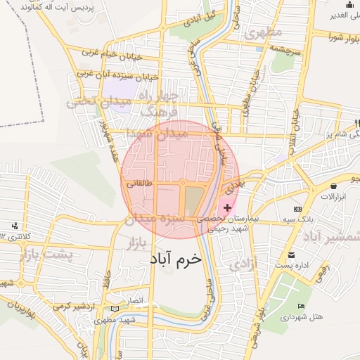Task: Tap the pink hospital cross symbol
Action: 226,208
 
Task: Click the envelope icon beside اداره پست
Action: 291,255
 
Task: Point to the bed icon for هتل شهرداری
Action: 302,307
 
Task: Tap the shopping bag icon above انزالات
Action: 333,186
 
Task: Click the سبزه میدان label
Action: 154,219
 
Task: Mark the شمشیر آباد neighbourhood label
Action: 331,235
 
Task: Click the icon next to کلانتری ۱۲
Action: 14,226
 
